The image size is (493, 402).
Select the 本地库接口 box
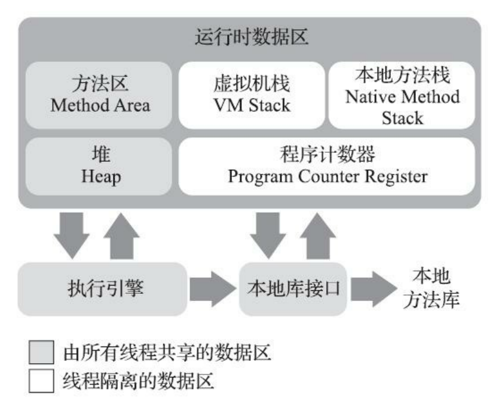293,290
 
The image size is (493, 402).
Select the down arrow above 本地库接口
267,234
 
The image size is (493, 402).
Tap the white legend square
44,380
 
